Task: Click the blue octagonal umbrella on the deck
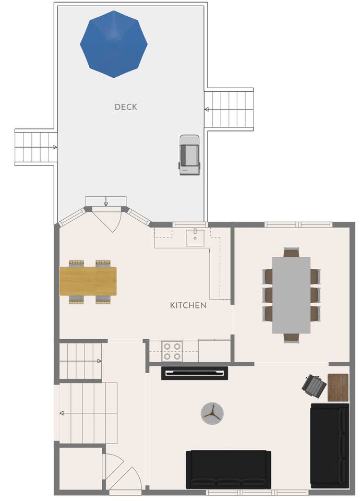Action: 114,44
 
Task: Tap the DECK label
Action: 126,106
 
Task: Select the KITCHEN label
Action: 188,305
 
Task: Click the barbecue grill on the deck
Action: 189,155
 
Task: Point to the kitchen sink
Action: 195,237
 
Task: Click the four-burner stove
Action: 172,351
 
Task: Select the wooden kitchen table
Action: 88,281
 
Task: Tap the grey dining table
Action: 291,295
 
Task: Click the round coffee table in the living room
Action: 212,413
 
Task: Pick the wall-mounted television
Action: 195,373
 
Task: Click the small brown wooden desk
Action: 338,387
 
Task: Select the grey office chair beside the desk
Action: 314,387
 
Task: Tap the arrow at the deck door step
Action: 106,201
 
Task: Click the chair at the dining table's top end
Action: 291,252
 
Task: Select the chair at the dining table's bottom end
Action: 291,338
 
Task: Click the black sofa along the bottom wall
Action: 229,469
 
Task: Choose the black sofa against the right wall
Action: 330,446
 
